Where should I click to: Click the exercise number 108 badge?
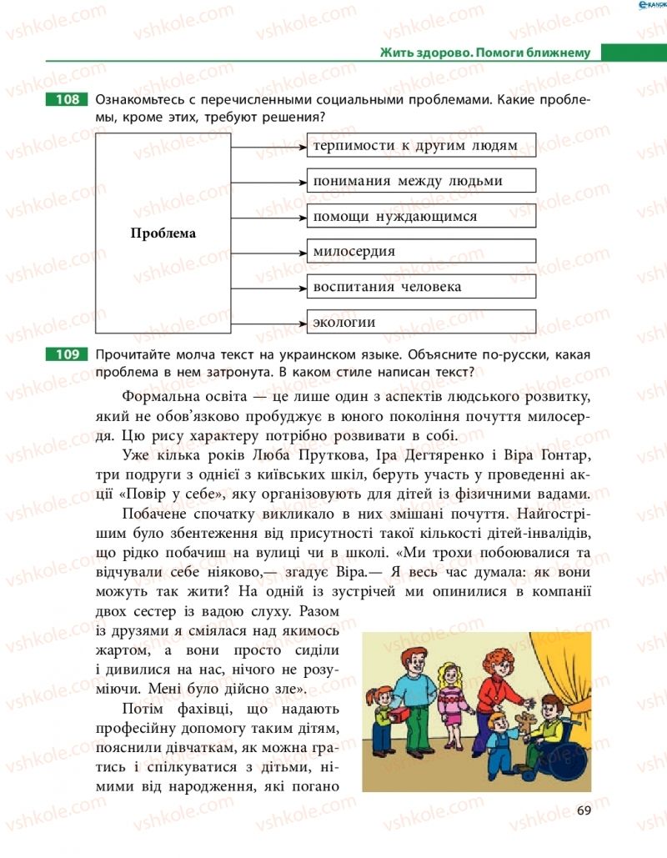(x=67, y=100)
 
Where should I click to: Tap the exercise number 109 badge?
(x=67, y=354)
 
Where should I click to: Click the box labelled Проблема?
(x=163, y=234)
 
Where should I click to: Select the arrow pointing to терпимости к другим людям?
(x=267, y=146)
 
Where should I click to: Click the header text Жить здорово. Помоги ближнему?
(x=484, y=53)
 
